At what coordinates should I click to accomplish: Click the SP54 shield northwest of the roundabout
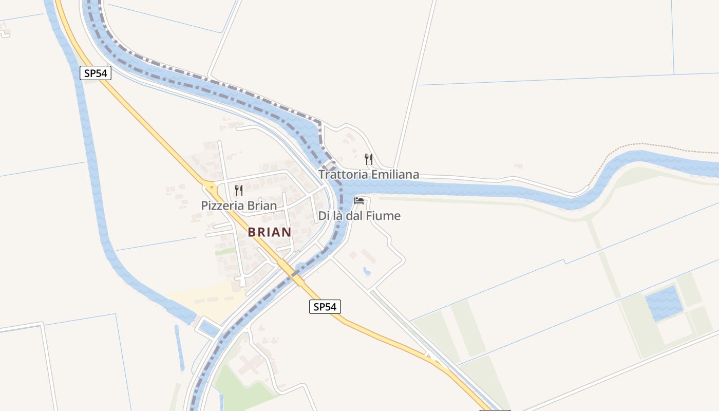click(96, 73)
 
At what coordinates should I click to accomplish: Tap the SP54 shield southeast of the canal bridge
click(325, 307)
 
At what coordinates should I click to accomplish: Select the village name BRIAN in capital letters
click(270, 232)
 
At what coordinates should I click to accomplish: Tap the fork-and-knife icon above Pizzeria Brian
click(239, 191)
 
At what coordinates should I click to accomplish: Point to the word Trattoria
click(343, 175)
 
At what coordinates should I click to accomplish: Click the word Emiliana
click(395, 175)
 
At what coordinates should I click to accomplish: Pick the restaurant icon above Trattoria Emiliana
click(369, 159)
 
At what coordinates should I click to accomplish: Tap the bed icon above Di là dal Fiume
click(359, 200)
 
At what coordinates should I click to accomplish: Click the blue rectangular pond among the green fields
click(664, 303)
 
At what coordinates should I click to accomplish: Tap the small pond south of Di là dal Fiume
click(366, 270)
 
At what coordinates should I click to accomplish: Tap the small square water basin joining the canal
click(208, 327)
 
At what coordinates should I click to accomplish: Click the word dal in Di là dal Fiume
click(355, 216)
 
